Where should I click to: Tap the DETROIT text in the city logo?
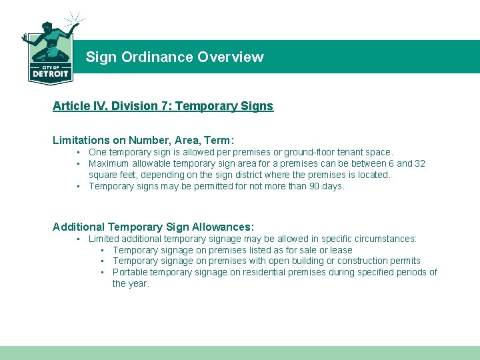(50, 74)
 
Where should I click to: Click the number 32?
(419, 164)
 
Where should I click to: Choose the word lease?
(341, 250)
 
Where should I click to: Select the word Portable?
(130, 272)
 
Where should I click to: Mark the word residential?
(260, 272)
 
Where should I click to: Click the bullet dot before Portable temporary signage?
(103, 272)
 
